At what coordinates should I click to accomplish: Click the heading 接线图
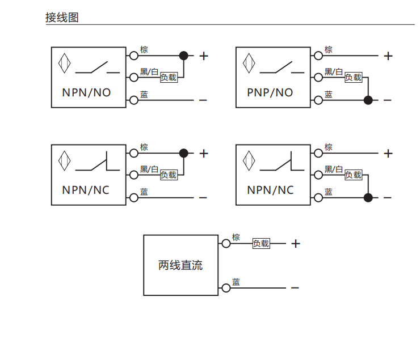pyautogui.click(x=62, y=18)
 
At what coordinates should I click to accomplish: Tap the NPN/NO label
pyautogui.click(x=86, y=92)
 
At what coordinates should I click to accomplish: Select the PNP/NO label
pyautogui.click(x=270, y=92)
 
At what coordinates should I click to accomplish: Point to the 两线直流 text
pyautogui.click(x=180, y=265)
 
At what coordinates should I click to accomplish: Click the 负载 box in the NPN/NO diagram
pyautogui.click(x=169, y=77)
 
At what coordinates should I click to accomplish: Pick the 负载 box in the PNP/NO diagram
pyautogui.click(x=353, y=77)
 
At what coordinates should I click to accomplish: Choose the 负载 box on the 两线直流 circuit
pyautogui.click(x=261, y=243)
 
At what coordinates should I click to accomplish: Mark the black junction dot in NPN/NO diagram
pyautogui.click(x=183, y=56)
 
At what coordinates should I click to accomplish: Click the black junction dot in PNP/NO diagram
pyautogui.click(x=368, y=100)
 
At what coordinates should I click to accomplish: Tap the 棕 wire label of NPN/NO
pyautogui.click(x=144, y=50)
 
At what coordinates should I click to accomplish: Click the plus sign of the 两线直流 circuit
pyautogui.click(x=295, y=244)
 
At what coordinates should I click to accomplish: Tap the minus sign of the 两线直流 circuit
pyautogui.click(x=295, y=288)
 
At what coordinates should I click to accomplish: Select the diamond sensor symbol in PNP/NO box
pyautogui.click(x=249, y=63)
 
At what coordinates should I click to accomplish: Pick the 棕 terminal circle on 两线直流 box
pyautogui.click(x=226, y=243)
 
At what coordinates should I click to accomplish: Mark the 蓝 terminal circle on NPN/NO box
pyautogui.click(x=134, y=100)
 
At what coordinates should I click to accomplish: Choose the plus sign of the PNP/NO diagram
pyautogui.click(x=388, y=56)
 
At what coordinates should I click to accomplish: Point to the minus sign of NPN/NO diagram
pyautogui.click(x=203, y=100)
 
